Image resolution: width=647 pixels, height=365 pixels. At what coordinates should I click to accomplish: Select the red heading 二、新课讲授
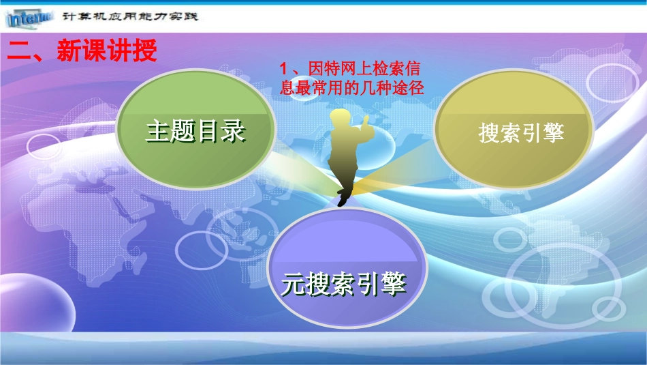(x=82, y=51)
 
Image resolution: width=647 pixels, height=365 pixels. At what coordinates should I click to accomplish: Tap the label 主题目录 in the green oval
(x=195, y=132)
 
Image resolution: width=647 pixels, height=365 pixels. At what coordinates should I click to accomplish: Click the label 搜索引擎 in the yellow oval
(x=522, y=132)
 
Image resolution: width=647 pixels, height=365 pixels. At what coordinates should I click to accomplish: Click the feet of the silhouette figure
(x=343, y=200)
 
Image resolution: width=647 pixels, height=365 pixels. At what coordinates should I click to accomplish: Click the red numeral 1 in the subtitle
(x=285, y=69)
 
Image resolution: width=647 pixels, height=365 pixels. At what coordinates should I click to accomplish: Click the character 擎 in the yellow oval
(x=554, y=132)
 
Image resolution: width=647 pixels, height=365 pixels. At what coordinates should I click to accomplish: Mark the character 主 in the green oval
(x=157, y=132)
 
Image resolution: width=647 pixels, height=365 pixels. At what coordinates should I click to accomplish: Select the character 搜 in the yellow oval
(x=490, y=132)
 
